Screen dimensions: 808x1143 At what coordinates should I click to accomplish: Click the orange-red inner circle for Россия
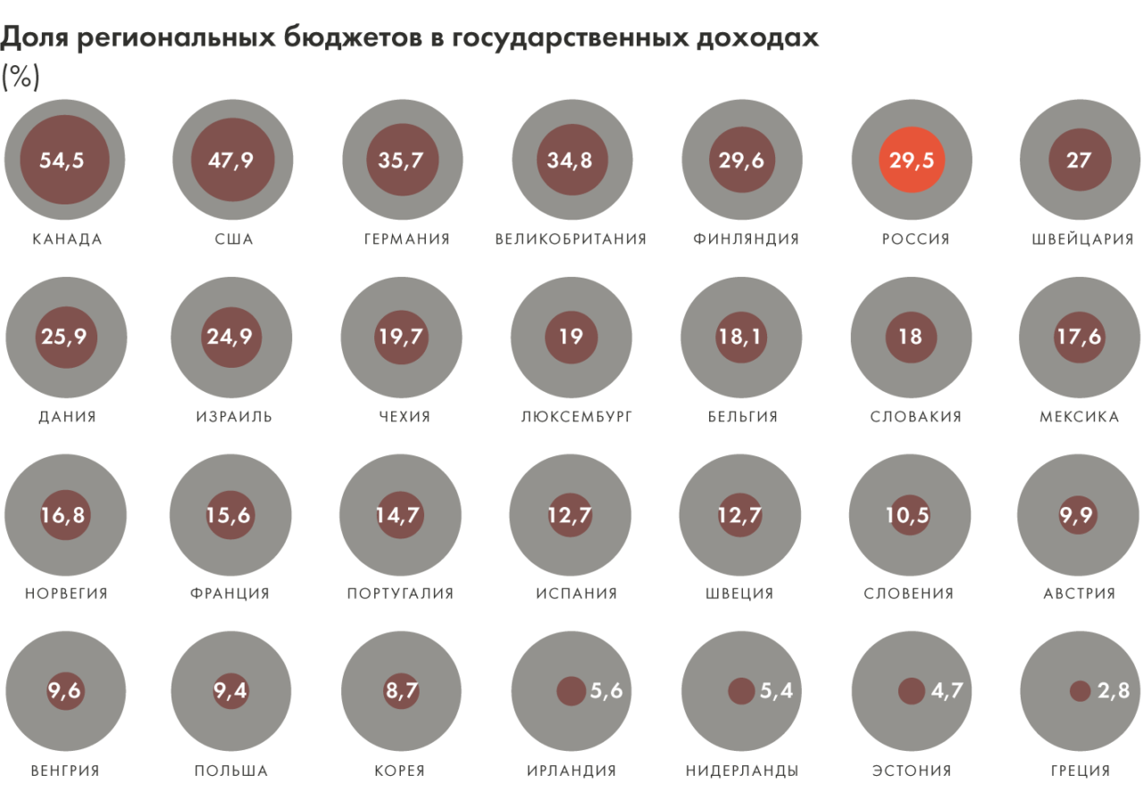911,161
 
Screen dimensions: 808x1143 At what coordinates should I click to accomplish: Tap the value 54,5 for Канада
64,161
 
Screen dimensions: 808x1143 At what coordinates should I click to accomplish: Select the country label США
234,239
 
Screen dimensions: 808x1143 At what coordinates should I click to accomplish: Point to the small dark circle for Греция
1080,691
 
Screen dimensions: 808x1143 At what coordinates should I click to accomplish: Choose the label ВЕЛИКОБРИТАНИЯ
571,239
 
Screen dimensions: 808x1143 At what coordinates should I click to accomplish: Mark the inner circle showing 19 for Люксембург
571,337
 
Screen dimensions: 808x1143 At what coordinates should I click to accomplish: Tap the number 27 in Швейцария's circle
1079,161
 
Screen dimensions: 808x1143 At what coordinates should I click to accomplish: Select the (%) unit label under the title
21,78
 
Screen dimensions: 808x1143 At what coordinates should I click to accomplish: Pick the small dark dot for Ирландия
571,691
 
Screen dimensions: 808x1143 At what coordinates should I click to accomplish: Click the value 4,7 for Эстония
946,691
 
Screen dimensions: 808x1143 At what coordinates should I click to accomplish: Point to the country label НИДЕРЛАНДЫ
742,771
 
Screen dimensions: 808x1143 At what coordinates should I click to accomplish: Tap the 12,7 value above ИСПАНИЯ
571,515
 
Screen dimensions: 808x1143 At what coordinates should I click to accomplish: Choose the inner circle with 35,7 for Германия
402,161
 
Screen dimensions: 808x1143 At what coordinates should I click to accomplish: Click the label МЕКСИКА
1079,417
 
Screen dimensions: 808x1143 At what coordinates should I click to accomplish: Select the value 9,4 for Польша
230,691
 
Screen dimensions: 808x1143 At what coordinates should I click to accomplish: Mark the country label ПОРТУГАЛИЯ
401,594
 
